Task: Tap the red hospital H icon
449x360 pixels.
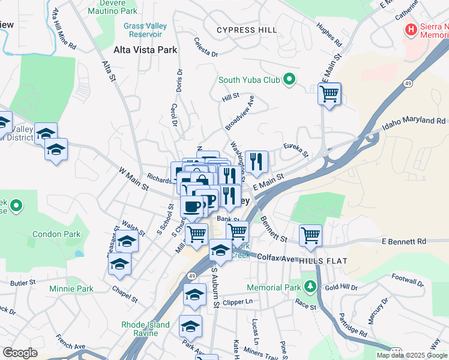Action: point(411,29)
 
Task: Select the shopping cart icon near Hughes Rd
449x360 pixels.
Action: point(329,94)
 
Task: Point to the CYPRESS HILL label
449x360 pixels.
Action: point(247,30)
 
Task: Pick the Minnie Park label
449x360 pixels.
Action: point(71,289)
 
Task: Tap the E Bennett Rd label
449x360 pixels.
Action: point(404,242)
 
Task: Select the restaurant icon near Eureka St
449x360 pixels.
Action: point(256,162)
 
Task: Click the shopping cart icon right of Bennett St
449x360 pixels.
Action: point(310,235)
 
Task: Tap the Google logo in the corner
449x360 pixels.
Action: point(20,353)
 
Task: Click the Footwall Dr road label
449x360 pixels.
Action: point(407,279)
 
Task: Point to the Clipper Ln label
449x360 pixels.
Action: point(237,302)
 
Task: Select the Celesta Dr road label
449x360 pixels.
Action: point(205,47)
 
